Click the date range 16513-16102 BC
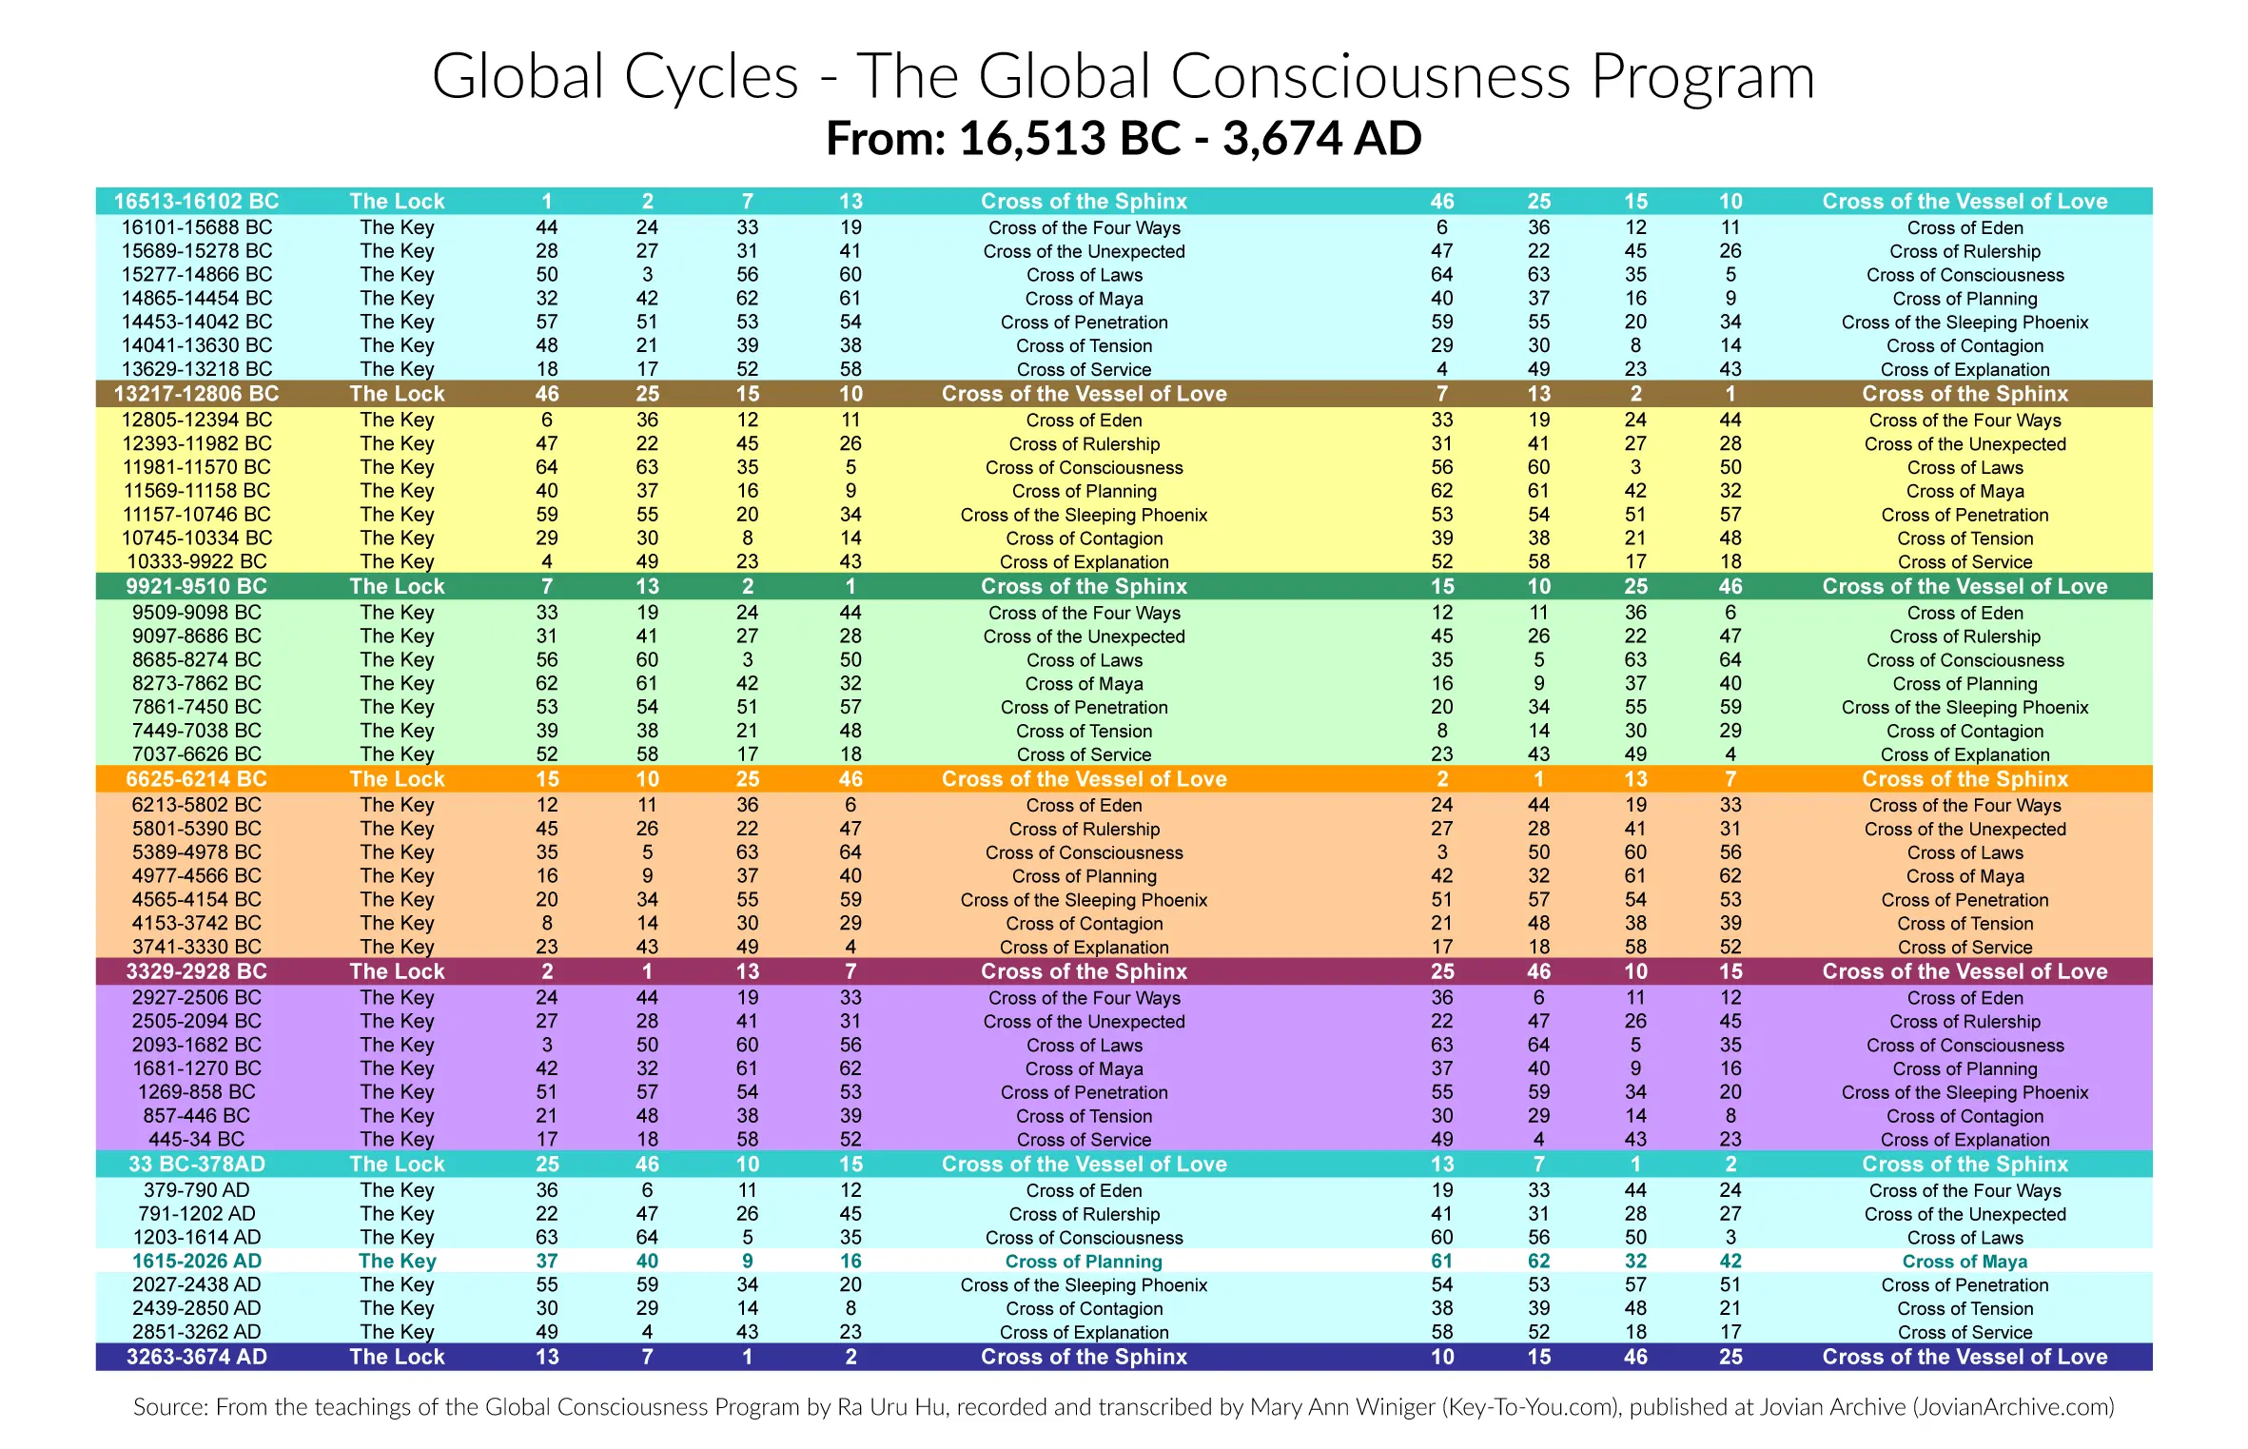pos(196,202)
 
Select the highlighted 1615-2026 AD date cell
pos(196,1262)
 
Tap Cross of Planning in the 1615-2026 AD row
pos(1084,1262)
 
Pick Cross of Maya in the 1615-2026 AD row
pos(1965,1262)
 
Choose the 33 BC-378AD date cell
pos(196,1165)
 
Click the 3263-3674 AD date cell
pos(196,1358)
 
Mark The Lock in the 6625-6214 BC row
pos(397,779)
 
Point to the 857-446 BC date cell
pos(196,1116)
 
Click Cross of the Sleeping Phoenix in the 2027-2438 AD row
pos(1084,1285)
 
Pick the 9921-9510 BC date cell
pos(196,587)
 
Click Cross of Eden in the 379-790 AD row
pos(1084,1191)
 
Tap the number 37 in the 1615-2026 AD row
pos(547,1262)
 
